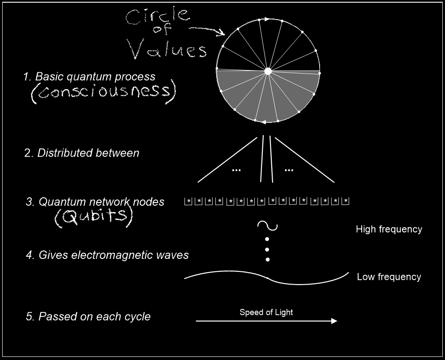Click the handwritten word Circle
coord(158,16)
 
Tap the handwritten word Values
coord(168,49)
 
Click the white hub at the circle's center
coord(268,71)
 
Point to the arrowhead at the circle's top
coord(267,20)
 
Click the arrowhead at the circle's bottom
coord(263,122)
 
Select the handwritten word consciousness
coord(104,91)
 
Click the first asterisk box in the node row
coord(188,201)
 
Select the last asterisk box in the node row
coord(345,201)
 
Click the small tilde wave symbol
coord(267,226)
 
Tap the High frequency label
coord(389,229)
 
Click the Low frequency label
coord(389,277)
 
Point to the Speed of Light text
coord(266,312)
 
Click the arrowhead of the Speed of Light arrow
coord(334,321)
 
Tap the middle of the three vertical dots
coord(267,250)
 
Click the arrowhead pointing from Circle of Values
coord(221,33)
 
